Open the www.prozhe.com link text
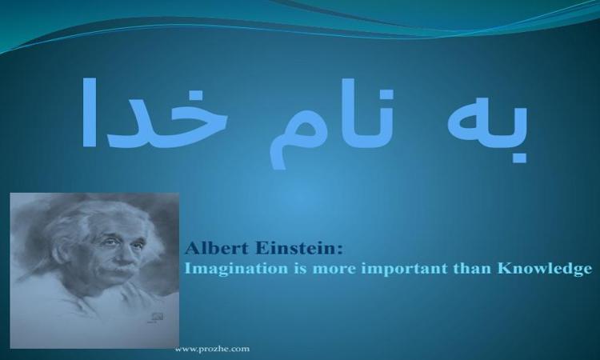coord(212,349)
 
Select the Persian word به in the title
coord(488,122)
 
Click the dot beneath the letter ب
coord(518,157)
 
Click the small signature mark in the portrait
coord(157,317)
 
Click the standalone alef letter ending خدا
coord(89,112)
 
